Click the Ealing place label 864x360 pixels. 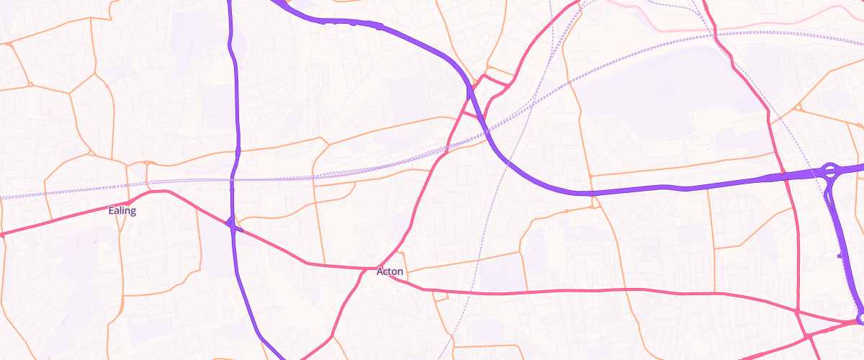click(122, 211)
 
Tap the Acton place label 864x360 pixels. click(390, 271)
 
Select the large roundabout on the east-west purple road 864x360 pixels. click(829, 171)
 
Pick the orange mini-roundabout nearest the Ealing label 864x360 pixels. click(146, 163)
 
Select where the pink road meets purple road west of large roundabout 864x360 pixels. click(786, 176)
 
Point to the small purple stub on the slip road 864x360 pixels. click(841, 255)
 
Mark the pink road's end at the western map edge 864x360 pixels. click(1, 235)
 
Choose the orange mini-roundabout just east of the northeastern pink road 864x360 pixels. click(798, 109)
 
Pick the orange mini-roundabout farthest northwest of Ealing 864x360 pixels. click(10, 45)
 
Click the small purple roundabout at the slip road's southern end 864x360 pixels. click(860, 318)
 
